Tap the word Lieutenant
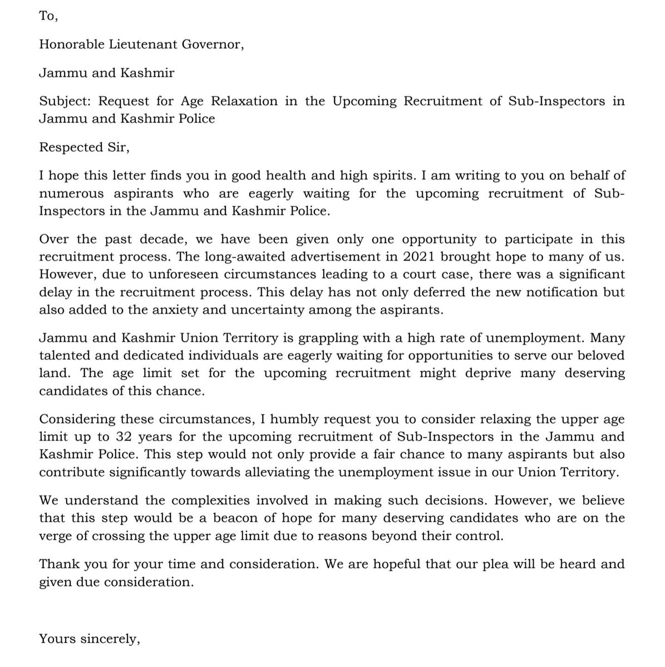point(144,45)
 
